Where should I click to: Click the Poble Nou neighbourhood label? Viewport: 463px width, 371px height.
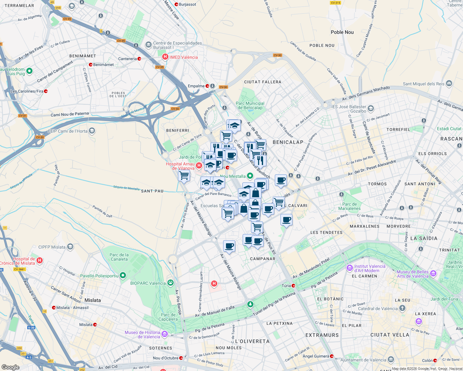[342, 32]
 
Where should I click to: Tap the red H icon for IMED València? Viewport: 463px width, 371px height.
[165, 57]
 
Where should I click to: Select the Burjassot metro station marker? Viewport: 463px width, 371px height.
[176, 4]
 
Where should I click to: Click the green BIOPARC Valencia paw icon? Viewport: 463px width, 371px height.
[170, 283]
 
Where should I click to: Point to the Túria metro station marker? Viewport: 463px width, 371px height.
[293, 286]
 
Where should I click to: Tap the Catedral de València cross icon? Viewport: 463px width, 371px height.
[402, 308]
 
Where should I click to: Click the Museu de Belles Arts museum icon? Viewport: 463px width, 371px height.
[433, 274]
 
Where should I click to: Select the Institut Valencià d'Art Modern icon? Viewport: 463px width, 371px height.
[350, 267]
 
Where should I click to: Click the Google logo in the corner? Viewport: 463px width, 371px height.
[10, 367]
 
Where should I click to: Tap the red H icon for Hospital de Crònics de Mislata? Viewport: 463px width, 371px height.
[40, 261]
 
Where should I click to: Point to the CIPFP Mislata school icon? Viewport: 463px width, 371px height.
[70, 247]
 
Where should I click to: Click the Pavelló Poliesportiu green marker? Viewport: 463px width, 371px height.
[123, 275]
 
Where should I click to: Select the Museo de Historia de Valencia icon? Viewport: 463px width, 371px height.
[165, 334]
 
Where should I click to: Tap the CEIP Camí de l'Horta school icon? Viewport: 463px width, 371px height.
[92, 131]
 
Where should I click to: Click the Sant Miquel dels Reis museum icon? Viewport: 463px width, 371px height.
[449, 83]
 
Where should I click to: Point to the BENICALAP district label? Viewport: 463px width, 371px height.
[288, 142]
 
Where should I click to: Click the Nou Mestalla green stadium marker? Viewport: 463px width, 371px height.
[250, 176]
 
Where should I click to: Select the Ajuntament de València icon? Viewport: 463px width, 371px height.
[391, 360]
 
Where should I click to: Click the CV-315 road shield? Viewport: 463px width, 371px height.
[335, 3]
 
